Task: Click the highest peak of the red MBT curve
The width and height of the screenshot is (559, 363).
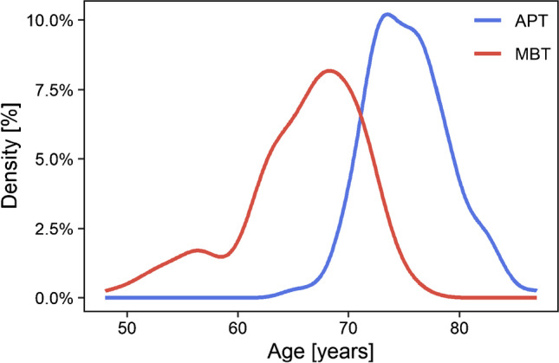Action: click(x=329, y=70)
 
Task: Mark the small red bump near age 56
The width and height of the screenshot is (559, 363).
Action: click(x=198, y=250)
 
